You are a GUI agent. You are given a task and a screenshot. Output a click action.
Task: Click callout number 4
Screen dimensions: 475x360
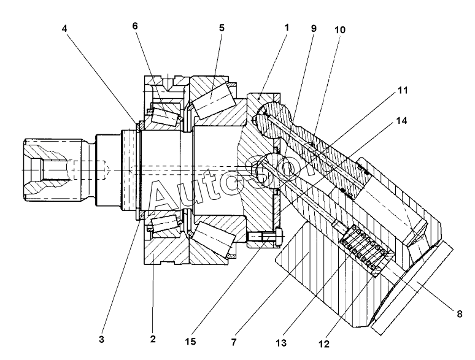(x=64, y=28)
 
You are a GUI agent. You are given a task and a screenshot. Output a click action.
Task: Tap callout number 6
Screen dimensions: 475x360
(x=135, y=26)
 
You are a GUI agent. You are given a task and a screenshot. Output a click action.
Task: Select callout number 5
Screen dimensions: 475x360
(x=222, y=28)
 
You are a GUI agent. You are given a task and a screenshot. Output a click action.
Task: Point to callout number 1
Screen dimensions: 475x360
(x=287, y=28)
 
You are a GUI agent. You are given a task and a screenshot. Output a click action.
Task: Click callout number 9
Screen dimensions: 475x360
(x=314, y=28)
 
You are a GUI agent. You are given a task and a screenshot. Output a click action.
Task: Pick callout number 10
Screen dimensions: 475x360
(x=339, y=30)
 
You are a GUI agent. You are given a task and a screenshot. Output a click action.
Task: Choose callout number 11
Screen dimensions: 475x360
(x=403, y=90)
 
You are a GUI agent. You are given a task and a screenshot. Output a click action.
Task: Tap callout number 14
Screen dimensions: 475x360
(x=401, y=121)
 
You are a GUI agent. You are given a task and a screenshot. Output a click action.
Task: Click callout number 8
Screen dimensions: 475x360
(x=460, y=314)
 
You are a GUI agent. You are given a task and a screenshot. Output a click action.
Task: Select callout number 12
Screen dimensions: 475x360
(x=324, y=344)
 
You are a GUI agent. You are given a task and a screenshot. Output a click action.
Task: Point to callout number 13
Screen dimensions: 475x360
(x=281, y=343)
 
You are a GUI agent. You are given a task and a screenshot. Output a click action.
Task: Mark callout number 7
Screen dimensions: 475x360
(x=234, y=342)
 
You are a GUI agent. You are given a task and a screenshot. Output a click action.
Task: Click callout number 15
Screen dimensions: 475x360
(x=190, y=342)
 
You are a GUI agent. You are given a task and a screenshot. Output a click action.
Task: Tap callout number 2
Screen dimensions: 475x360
(x=153, y=339)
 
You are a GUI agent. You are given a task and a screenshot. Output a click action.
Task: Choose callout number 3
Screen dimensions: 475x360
(x=101, y=339)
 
